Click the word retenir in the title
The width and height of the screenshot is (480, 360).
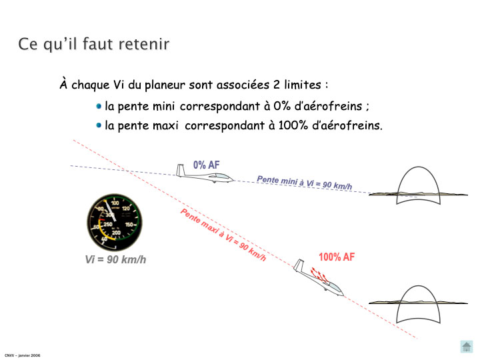pyautogui.click(x=143, y=44)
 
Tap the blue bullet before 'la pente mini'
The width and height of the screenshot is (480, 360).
pyautogui.click(x=99, y=106)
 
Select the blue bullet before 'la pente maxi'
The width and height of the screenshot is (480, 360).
pyautogui.click(x=99, y=125)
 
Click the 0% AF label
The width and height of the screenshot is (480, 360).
pyautogui.click(x=206, y=165)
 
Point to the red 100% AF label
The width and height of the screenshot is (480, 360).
pyautogui.click(x=337, y=257)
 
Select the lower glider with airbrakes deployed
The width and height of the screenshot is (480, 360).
pyautogui.click(x=319, y=278)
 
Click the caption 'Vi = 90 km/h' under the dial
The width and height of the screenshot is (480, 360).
pyautogui.click(x=115, y=259)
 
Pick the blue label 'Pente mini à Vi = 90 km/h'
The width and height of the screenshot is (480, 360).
pyautogui.click(x=304, y=183)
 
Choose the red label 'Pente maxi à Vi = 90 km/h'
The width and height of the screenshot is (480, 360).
pyautogui.click(x=223, y=235)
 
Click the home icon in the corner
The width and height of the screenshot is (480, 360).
pyautogui.click(x=466, y=347)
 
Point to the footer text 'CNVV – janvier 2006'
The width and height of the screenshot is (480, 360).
pyautogui.click(x=23, y=355)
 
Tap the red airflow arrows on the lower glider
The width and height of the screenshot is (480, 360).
pyautogui.click(x=319, y=274)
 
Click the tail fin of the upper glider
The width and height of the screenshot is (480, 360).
pyautogui.click(x=180, y=170)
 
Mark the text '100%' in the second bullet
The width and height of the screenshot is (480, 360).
pyautogui.click(x=293, y=125)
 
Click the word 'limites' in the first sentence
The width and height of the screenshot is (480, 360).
pyautogui.click(x=303, y=85)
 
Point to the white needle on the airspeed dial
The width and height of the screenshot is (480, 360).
pyautogui.click(x=110, y=211)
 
